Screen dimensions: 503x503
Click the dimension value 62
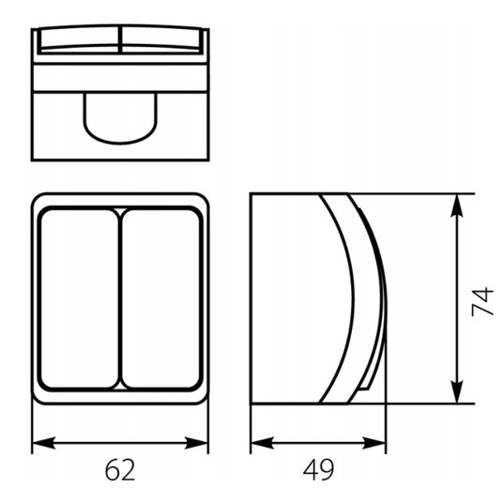tap(120, 469)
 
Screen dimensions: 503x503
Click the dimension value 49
tap(318, 469)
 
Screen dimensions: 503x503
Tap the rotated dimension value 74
tap(482, 301)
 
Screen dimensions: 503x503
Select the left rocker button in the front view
tap(80, 298)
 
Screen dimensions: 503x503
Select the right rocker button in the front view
tap(161, 298)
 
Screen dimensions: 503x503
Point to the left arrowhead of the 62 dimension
tap(44, 443)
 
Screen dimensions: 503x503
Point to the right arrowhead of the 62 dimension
tap(196, 443)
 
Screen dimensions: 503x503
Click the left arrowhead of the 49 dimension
tap(263, 443)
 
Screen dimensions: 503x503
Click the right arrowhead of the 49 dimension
tap(373, 443)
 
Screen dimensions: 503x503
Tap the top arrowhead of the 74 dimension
tap(457, 206)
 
